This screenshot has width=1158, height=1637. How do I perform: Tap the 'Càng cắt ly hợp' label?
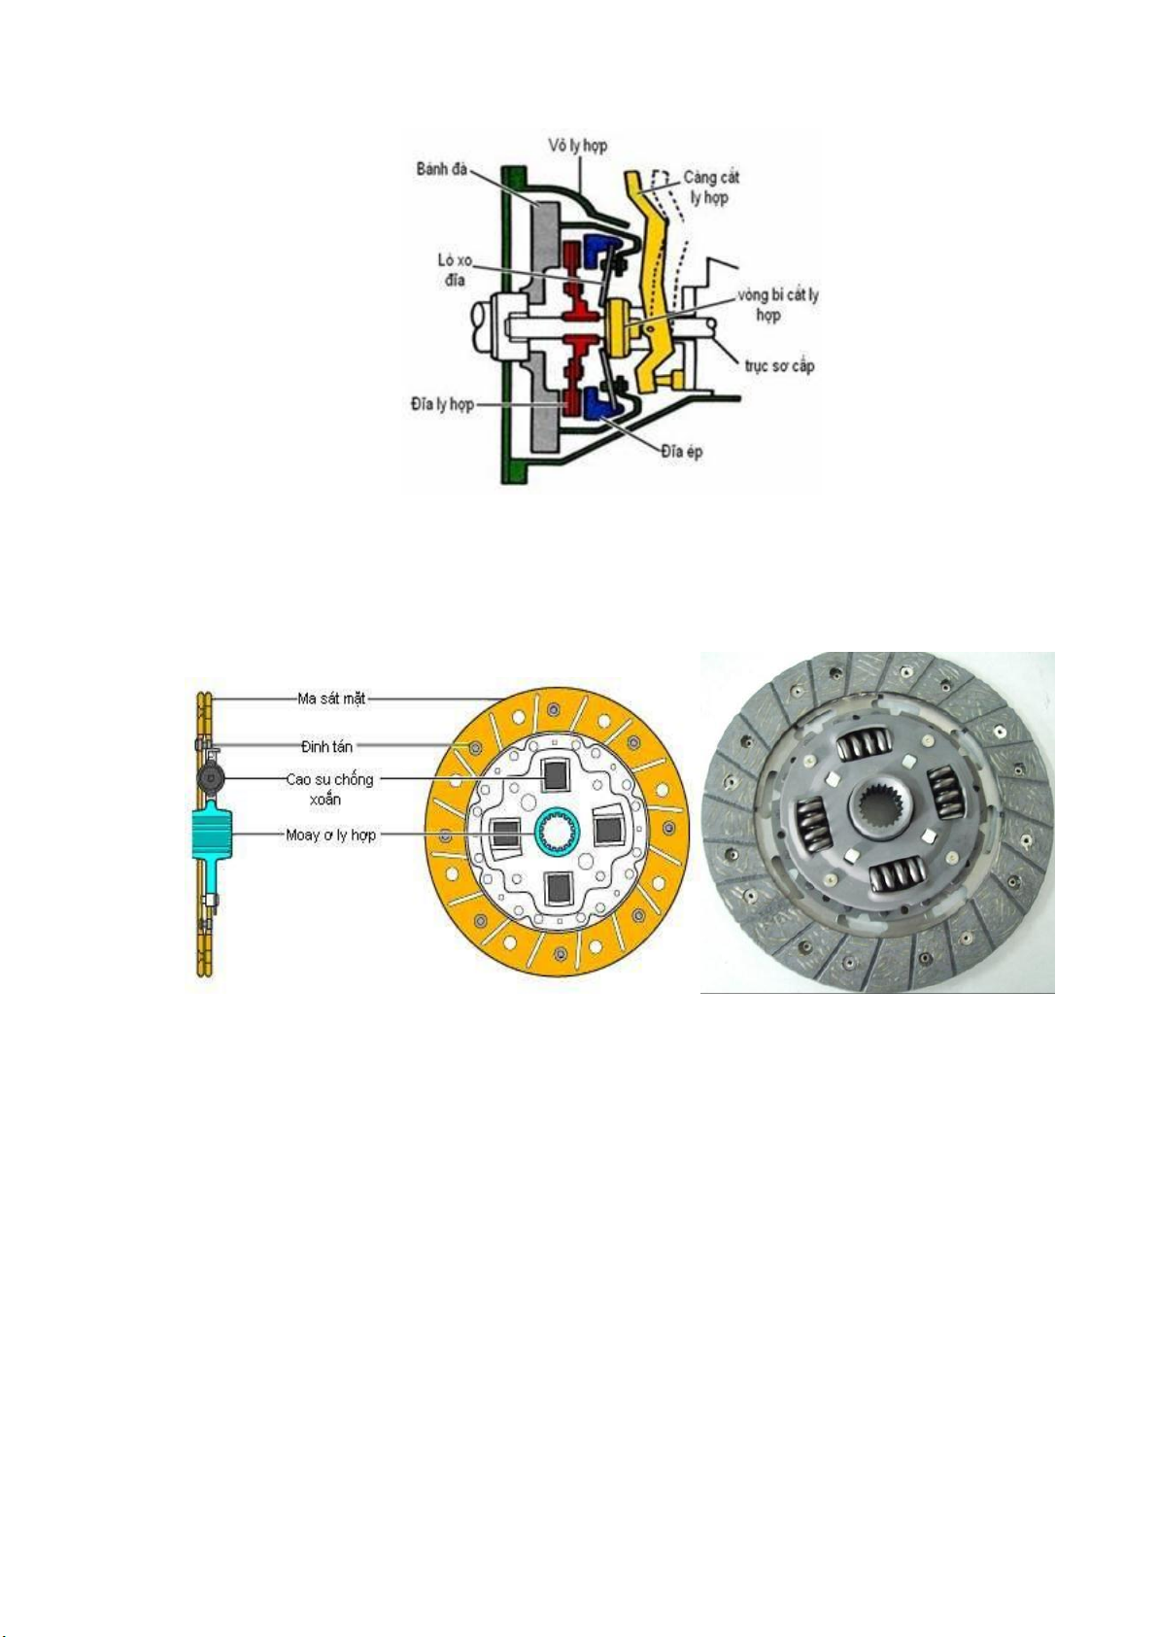(x=711, y=188)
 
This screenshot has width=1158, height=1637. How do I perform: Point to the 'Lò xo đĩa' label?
(x=454, y=270)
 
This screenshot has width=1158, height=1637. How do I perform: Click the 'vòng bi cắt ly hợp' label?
(x=777, y=305)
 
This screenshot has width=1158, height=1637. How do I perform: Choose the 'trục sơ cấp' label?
(x=779, y=365)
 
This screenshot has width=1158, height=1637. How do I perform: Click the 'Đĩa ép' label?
(x=681, y=452)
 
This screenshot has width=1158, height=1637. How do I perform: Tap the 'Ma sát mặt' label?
(x=331, y=698)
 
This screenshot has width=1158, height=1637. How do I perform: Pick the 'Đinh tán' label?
(x=326, y=746)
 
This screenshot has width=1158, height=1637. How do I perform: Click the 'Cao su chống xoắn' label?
(x=328, y=789)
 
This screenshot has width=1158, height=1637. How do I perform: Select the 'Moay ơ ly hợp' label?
(x=330, y=835)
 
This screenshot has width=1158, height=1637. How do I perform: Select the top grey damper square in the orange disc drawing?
(x=556, y=774)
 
